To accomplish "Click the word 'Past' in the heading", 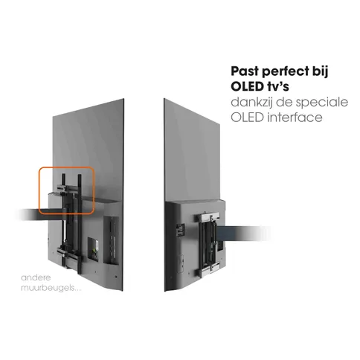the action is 245,71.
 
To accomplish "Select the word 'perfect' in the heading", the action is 283,72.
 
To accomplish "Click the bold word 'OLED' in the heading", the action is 247,86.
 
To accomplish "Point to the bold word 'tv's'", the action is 277,86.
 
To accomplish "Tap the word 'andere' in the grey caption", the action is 36,277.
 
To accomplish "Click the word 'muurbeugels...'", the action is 51,288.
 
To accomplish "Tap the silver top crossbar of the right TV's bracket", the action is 208,217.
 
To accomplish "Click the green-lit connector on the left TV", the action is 94,250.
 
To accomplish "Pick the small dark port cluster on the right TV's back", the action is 181,230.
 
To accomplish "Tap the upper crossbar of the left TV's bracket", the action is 65,188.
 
